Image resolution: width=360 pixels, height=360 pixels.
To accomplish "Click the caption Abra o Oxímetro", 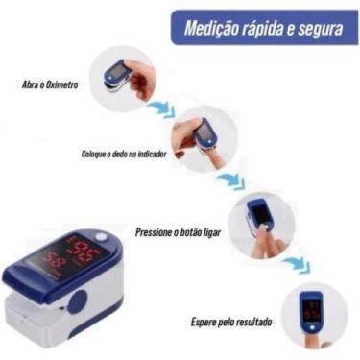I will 49,84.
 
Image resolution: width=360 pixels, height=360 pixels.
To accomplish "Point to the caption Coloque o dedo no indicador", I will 123,154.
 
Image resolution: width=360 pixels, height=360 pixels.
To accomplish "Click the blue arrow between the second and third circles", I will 228,181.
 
